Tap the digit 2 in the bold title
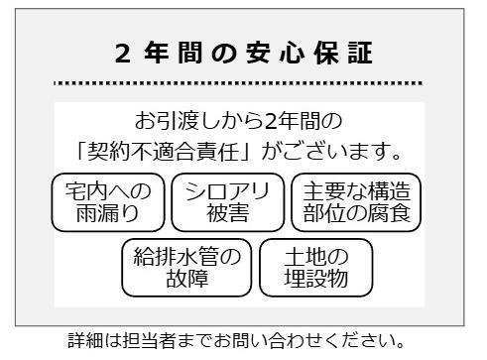122,55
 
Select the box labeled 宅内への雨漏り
108,201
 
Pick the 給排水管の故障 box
186,267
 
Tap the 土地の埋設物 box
315,267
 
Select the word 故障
186,279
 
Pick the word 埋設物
315,279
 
